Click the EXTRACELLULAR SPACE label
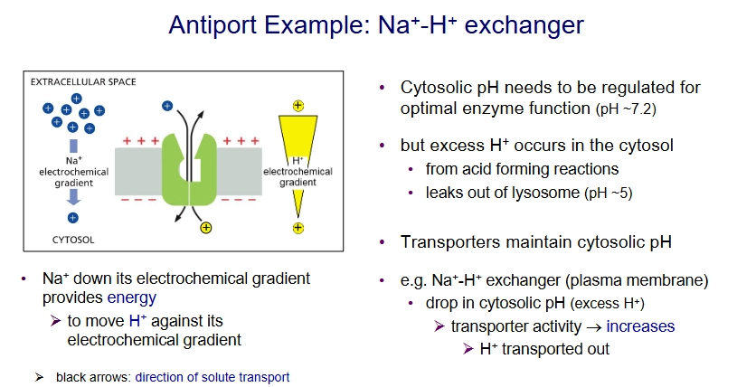pos(83,82)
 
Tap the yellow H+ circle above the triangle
pos(298,106)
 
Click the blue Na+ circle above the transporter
pos(166,106)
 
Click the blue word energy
pos(132,297)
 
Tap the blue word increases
pos(640,326)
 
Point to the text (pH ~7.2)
pos(624,110)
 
